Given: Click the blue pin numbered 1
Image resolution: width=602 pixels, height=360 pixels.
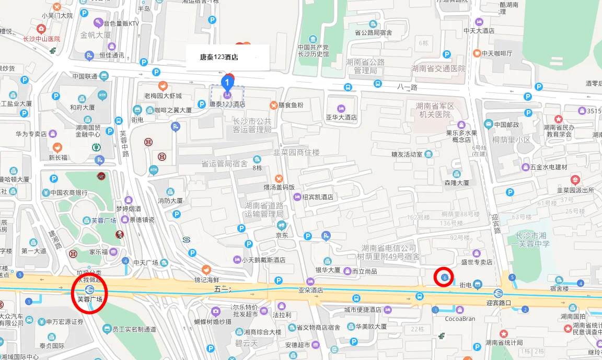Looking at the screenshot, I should (x=227, y=82).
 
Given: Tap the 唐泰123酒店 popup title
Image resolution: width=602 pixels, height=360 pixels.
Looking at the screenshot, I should (x=219, y=57).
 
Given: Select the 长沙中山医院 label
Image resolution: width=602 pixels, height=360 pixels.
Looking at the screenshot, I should (x=42, y=39).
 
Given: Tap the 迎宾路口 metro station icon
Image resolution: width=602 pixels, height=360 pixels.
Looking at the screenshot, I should (x=498, y=293).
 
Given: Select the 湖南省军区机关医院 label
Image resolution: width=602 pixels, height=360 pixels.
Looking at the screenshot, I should (x=435, y=110).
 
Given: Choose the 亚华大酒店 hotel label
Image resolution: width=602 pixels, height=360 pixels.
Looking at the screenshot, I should (x=341, y=118).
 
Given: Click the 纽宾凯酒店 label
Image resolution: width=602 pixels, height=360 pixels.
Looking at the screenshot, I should (x=318, y=197).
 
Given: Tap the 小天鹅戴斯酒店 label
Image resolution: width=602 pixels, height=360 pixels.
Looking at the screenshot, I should (x=263, y=260).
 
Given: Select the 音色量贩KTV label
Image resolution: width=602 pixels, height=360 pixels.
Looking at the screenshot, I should (x=121, y=23).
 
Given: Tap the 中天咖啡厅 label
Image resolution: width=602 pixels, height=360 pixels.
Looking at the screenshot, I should (x=497, y=53).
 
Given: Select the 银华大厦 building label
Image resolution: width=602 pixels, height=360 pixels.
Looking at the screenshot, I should (x=328, y=270).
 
